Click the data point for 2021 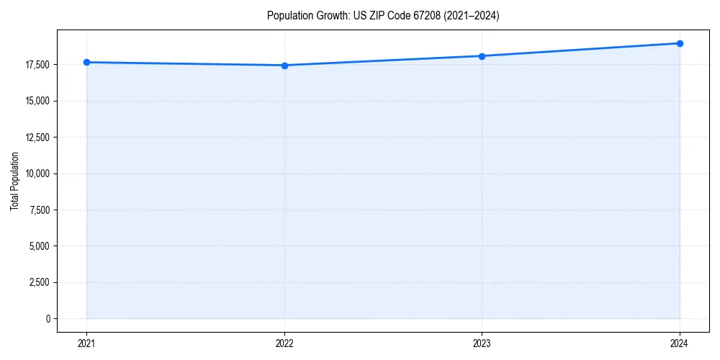pos(86,62)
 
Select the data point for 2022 pos(284,66)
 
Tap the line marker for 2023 pos(482,56)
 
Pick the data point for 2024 pos(680,43)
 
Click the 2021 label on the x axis pos(86,343)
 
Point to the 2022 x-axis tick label pos(284,343)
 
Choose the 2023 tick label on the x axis pos(482,343)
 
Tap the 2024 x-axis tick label pos(680,343)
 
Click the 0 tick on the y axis pos(48,318)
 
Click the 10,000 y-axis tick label pos(37,174)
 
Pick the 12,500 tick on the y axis pos(37,138)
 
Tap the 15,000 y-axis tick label pos(37,101)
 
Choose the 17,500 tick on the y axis pos(37,65)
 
